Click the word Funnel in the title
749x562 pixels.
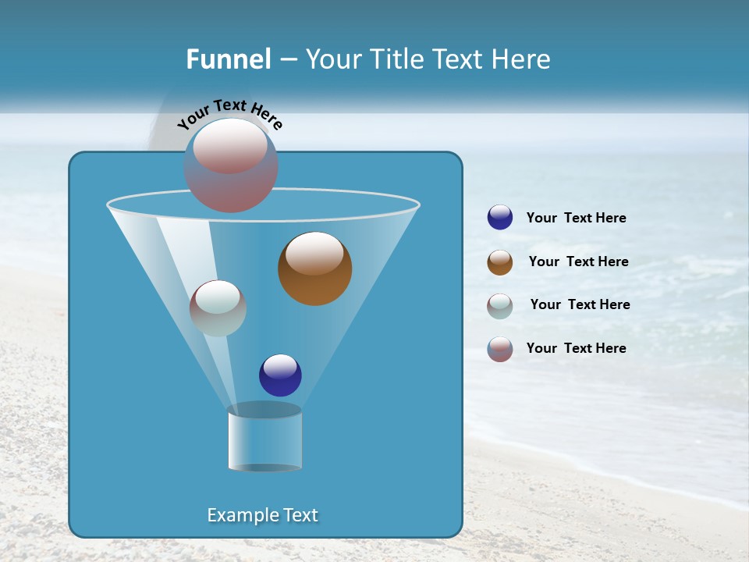pos(229,59)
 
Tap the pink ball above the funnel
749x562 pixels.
pos(231,165)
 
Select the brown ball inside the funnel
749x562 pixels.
pos(315,269)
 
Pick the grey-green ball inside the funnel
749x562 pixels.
pos(218,308)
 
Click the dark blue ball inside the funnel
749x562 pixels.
pos(280,375)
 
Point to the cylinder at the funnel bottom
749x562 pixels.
pos(264,439)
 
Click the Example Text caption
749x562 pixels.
pos(263,515)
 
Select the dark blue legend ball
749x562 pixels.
pos(500,218)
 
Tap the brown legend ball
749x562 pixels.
pos(500,262)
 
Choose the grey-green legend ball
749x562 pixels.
pos(500,306)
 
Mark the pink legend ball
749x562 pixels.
pos(500,349)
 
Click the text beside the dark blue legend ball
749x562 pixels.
pos(577,219)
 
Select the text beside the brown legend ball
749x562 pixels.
pos(578,261)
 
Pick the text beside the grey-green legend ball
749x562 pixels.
pos(580,304)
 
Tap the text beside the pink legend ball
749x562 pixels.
pos(577,348)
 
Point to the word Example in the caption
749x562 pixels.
pos(241,515)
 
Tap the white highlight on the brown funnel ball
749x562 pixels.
pos(314,254)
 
